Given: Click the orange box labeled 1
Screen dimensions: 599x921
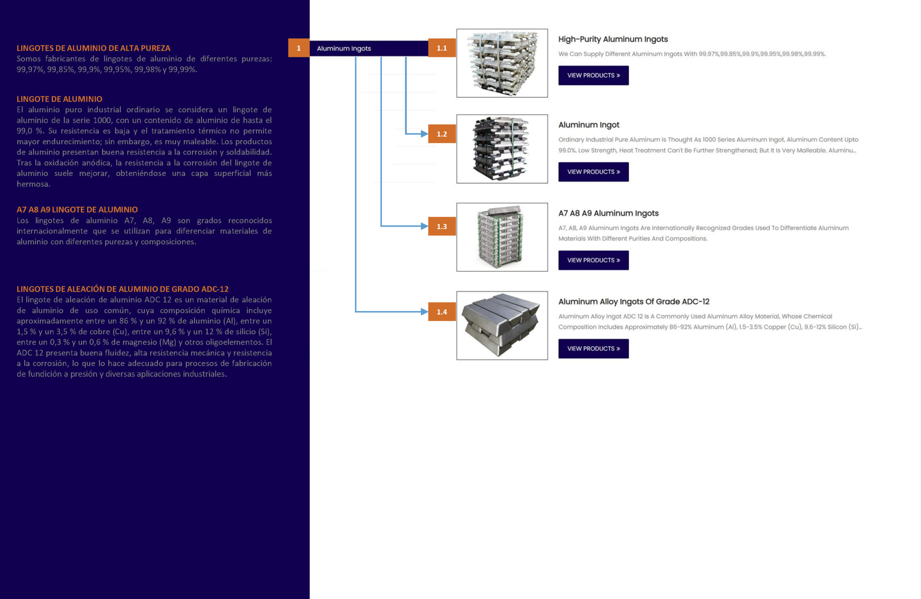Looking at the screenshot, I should point(298,48).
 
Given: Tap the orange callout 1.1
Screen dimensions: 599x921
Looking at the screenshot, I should point(441,48).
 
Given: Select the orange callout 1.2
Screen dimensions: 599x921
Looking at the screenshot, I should point(441,134).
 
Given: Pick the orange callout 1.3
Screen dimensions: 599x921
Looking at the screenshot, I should point(441,226).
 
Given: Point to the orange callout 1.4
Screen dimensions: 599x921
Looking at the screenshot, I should point(441,312).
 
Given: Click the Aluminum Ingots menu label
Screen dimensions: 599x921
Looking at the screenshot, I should point(344,48).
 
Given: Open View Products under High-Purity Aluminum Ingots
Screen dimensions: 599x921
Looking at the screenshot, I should point(593,76).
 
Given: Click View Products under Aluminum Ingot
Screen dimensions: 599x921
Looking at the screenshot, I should point(593,172).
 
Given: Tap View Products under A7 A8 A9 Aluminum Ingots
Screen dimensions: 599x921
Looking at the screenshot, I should point(593,260).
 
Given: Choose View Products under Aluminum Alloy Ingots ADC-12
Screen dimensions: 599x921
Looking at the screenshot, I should point(593,349).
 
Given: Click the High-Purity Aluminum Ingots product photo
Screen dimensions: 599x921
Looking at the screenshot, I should point(502,63).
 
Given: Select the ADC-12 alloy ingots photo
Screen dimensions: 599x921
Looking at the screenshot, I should point(502,326).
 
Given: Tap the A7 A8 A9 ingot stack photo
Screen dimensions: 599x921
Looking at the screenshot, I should point(502,237).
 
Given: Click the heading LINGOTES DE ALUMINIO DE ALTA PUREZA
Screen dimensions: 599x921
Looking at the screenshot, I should point(93,48).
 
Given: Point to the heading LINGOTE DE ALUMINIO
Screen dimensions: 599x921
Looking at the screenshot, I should point(59,99).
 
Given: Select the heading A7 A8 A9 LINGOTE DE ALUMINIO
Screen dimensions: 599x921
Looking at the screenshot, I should point(77,210).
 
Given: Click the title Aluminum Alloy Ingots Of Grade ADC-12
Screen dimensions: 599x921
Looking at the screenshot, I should point(634,301).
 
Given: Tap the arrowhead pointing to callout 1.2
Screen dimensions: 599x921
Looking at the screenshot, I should point(425,134).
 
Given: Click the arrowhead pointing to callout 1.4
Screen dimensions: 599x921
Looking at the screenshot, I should point(425,312).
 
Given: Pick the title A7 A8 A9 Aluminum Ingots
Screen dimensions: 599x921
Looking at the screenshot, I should point(608,213).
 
